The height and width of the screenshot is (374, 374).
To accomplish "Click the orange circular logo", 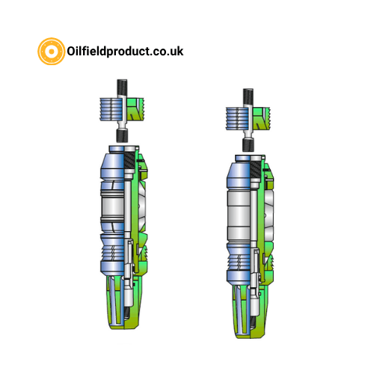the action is point(52,52).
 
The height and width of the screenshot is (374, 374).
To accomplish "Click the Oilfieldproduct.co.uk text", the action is point(125,52).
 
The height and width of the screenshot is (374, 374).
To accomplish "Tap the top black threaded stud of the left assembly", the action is point(123,88).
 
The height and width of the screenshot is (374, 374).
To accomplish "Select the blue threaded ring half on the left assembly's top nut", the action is point(111,109).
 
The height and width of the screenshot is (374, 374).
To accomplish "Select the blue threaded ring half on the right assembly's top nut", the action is point(237,119).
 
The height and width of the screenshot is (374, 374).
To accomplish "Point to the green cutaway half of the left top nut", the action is point(135,109).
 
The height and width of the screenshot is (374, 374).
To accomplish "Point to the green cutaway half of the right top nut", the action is point(261,119).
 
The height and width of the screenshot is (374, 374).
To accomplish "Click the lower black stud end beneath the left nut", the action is point(123,135).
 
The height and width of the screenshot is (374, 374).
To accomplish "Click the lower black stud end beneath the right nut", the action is point(248,144).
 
